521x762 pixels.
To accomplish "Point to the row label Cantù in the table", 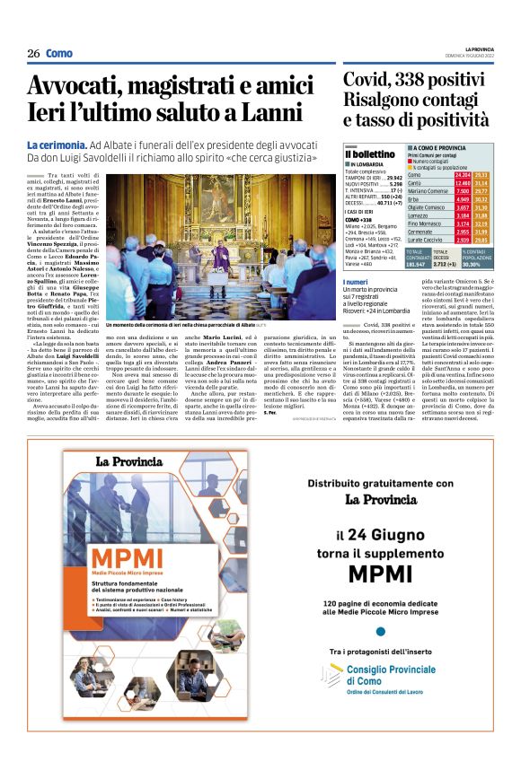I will [x=416, y=182].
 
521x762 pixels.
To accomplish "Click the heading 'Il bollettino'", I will [x=370, y=155].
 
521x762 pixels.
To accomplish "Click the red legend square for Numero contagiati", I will [x=410, y=161].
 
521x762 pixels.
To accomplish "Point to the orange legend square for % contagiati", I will [x=410, y=167].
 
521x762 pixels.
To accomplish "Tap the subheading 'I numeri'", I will [x=355, y=283].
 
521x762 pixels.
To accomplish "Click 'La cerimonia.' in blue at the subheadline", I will [x=56, y=145].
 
